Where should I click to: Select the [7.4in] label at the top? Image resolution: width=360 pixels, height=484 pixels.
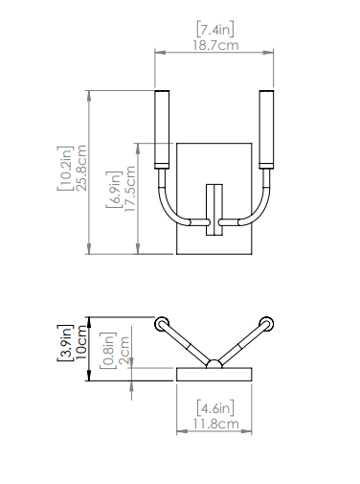(215, 28)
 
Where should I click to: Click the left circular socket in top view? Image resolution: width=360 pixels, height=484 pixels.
(161, 324)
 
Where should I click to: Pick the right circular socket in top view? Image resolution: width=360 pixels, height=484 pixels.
(268, 324)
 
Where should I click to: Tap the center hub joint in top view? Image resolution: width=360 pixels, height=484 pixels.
(214, 363)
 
